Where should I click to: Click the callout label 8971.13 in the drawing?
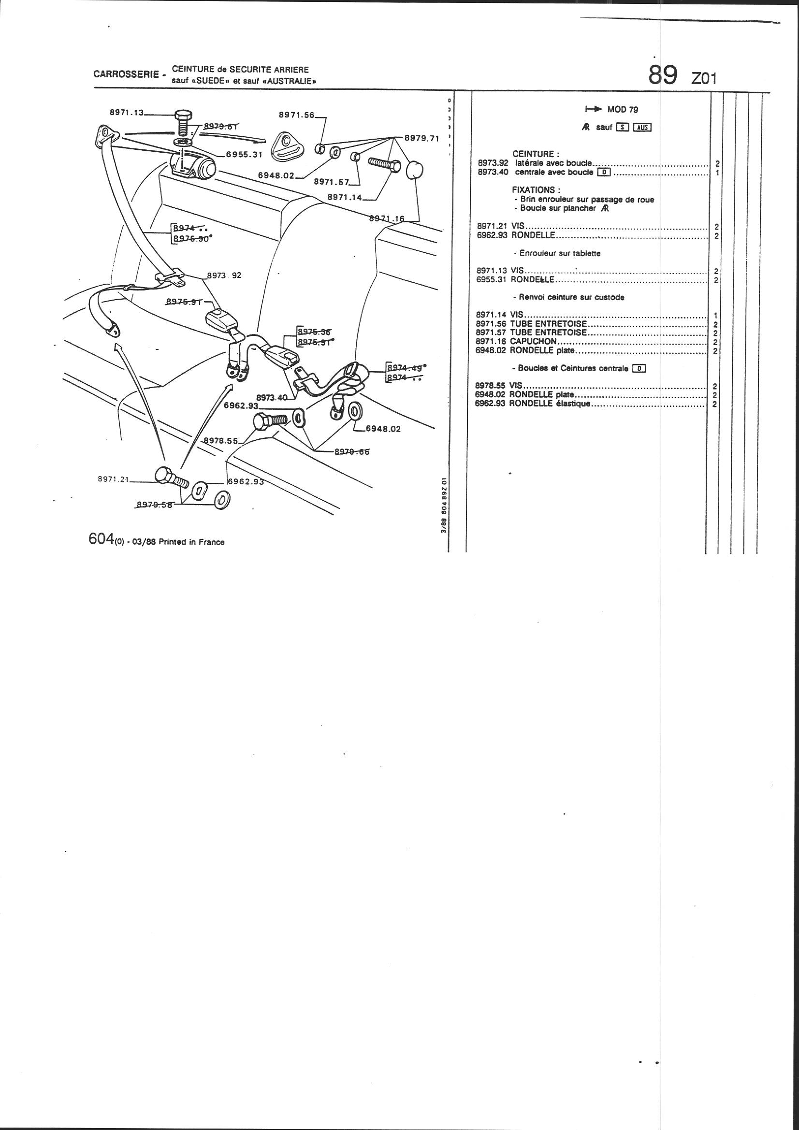tap(126, 113)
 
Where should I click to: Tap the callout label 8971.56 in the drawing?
tap(296, 115)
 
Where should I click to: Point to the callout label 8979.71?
tap(421, 138)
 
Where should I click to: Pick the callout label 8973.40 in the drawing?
tap(271, 397)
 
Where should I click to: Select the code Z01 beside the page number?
tap(704, 78)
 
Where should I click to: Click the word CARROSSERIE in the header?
tap(126, 75)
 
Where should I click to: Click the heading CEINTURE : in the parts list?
tap(536, 154)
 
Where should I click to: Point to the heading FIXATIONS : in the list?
tap(536, 189)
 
